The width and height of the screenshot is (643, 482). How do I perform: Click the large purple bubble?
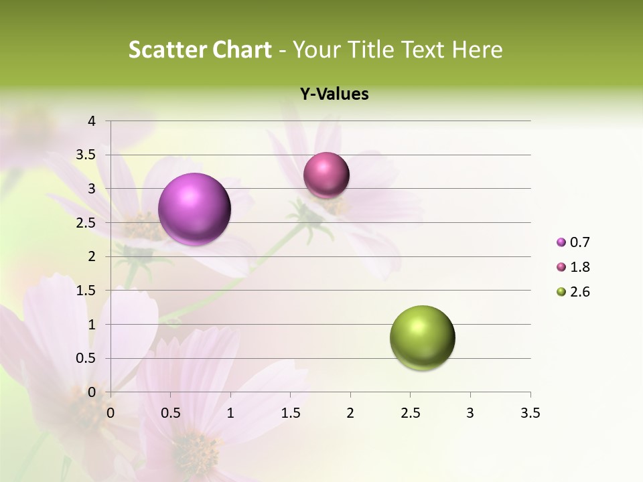pyautogui.click(x=195, y=209)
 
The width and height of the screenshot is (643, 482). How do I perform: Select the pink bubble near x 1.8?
pyautogui.click(x=326, y=175)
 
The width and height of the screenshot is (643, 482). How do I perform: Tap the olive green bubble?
pyautogui.click(x=422, y=337)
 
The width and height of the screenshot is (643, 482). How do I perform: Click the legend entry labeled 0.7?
pyautogui.click(x=573, y=242)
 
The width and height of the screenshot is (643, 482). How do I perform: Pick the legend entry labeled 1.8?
pyautogui.click(x=573, y=267)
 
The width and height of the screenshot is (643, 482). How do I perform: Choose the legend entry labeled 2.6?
pyautogui.click(x=573, y=292)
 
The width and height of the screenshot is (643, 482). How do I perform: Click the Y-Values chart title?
pyautogui.click(x=334, y=94)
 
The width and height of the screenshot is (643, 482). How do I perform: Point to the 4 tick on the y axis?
pyautogui.click(x=92, y=121)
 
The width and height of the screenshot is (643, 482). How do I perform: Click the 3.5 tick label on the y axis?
pyautogui.click(x=86, y=155)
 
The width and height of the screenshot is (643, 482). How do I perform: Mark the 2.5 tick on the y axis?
pyautogui.click(x=86, y=223)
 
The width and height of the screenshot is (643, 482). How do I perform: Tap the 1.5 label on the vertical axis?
pyautogui.click(x=86, y=291)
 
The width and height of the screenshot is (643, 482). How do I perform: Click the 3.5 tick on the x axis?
pyautogui.click(x=530, y=413)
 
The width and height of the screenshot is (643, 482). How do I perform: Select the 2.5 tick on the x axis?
pyautogui.click(x=410, y=413)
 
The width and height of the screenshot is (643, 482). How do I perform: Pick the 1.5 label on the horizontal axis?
pyautogui.click(x=290, y=413)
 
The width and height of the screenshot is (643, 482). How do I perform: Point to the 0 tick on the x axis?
pyautogui.click(x=111, y=413)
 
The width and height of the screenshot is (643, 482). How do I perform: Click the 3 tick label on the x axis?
pyautogui.click(x=470, y=413)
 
